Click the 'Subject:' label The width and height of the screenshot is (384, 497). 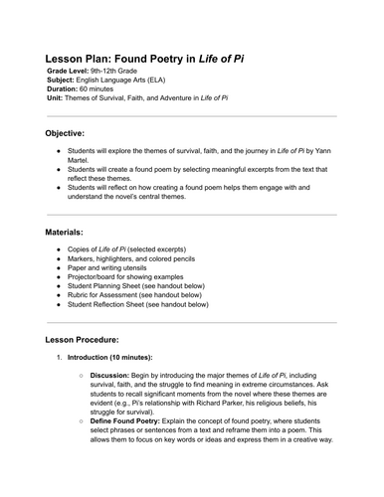61,85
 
